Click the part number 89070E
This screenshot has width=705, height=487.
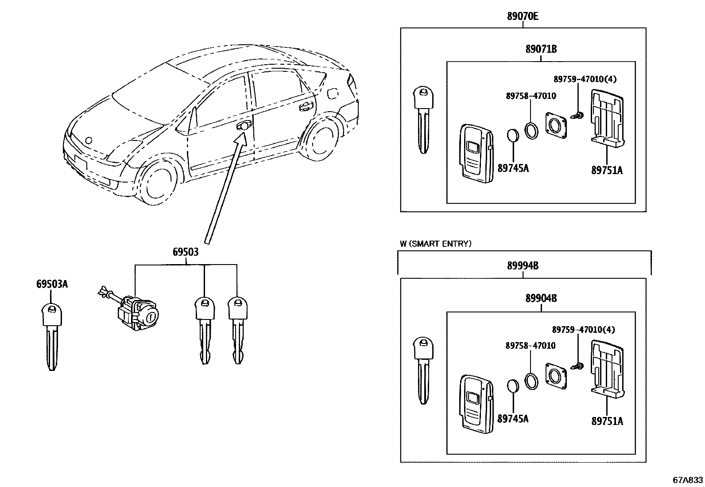point(523,17)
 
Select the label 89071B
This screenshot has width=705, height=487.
point(541,49)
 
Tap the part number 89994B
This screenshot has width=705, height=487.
point(523,266)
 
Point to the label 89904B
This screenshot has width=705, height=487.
point(541,299)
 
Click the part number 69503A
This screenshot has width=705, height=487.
point(52,284)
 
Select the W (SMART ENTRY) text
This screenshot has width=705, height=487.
point(435,244)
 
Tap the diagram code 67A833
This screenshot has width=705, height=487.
point(687,479)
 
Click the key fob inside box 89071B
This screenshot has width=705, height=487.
point(475,153)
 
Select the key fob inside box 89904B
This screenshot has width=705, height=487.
point(475,403)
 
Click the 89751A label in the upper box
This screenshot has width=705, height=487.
point(607,170)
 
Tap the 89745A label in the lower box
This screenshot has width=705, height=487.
point(513,418)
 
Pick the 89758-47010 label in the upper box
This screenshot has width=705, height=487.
point(531,96)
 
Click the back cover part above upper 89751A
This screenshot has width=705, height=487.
point(608,117)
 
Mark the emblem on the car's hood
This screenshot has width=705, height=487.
point(89,141)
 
